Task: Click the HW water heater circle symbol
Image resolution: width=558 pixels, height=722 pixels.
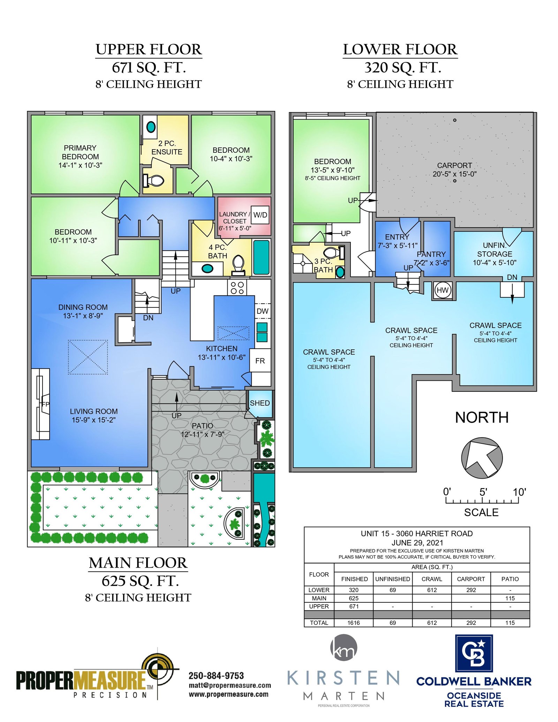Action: [442, 290]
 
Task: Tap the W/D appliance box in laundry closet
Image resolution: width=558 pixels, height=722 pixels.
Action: [260, 215]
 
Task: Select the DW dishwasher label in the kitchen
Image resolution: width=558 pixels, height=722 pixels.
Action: [262, 311]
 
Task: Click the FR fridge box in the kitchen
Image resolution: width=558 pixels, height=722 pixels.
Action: [260, 360]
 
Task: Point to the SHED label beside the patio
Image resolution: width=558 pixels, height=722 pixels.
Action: [260, 403]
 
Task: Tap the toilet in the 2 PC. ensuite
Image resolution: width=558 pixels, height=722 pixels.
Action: [153, 181]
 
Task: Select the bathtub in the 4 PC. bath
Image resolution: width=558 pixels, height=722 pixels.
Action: [261, 257]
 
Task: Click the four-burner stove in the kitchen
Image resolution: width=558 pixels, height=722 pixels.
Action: [237, 288]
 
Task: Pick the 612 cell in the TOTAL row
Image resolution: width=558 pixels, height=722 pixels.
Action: [432, 623]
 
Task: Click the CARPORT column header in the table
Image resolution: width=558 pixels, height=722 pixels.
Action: [471, 579]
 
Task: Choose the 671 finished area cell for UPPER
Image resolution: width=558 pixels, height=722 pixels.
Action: [354, 606]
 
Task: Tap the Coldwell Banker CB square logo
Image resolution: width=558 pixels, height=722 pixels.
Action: [474, 653]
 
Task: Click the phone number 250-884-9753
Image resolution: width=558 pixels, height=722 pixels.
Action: [216, 676]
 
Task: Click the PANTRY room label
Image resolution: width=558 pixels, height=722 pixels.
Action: [431, 254]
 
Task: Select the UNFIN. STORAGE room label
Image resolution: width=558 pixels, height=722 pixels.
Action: [495, 250]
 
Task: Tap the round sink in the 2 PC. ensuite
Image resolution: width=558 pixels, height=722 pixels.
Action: [151, 127]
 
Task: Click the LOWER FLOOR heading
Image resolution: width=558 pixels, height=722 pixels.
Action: [400, 50]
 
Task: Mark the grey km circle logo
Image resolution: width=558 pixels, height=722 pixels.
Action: [344, 647]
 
